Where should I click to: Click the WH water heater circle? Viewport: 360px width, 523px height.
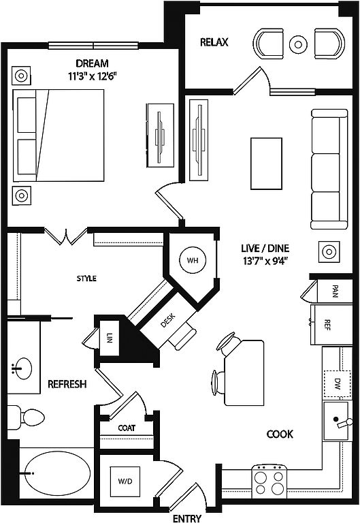point(193,261)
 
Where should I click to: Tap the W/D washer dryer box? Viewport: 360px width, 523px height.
point(125,481)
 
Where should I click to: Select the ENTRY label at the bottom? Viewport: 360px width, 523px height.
point(187,518)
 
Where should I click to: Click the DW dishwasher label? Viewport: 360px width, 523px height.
point(337,384)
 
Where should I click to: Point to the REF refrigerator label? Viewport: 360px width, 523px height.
point(327,325)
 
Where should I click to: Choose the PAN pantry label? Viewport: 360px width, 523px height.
point(335,291)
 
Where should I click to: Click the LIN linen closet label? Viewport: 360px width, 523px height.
point(110,338)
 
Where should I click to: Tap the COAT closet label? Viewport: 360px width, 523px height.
point(127,428)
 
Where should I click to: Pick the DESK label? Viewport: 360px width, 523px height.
point(167,321)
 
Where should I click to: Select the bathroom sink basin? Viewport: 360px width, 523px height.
point(23,368)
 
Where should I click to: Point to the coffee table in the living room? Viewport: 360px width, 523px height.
point(266,163)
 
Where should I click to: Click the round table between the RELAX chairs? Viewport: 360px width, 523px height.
point(298,44)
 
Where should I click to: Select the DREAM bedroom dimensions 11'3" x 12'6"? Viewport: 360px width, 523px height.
point(93,76)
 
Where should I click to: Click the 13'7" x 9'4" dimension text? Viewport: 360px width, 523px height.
point(265,261)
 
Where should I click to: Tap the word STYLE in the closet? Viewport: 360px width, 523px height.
point(86,278)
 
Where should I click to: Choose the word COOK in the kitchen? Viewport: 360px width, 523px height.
point(280,434)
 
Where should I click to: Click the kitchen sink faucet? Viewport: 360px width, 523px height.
point(344,423)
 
